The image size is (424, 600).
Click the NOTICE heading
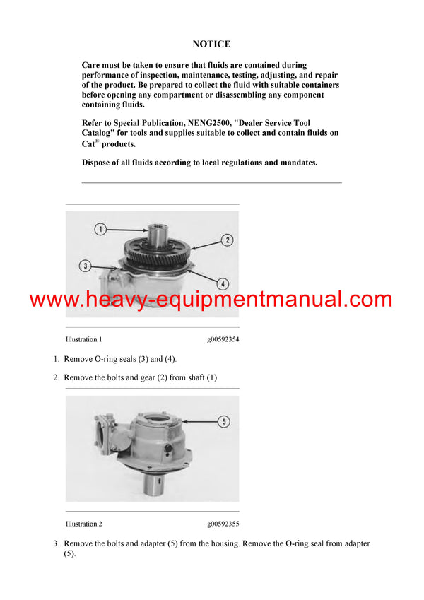coord(211,44)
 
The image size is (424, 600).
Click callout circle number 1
coord(101,229)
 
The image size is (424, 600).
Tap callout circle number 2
coord(227,240)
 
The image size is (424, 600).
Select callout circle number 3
coord(86,266)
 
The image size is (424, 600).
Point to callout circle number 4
coord(223,283)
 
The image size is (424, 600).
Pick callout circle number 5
coord(223,422)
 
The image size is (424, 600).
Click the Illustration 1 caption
coord(83,339)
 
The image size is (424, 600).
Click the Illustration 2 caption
coord(83,524)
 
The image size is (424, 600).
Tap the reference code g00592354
coord(223,339)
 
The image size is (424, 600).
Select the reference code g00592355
coord(223,524)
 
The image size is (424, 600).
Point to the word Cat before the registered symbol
coord(88,143)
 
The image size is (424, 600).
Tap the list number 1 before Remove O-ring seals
coord(56,359)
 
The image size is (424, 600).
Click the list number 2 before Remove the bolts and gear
coord(56,377)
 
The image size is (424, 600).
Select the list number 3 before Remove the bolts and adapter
coord(56,543)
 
